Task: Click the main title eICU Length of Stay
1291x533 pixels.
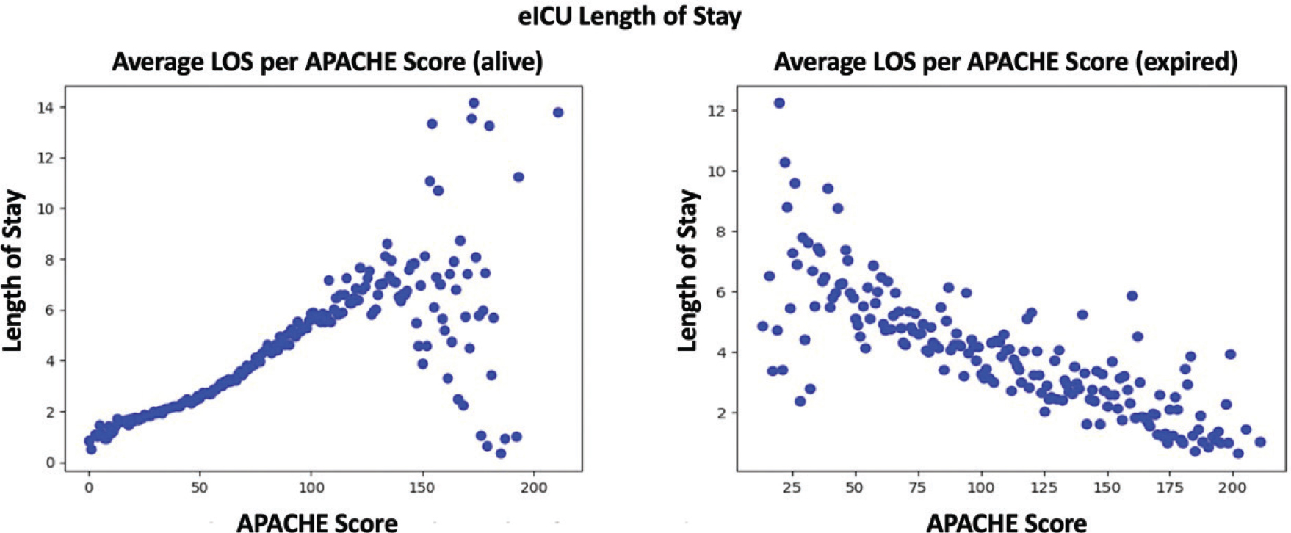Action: tap(629, 16)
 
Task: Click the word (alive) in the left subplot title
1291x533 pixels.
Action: tap(507, 62)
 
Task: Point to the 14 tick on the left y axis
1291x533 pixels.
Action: tap(47, 108)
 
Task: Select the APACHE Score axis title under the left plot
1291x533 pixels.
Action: tap(317, 523)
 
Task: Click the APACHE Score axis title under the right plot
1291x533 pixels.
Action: tap(1006, 523)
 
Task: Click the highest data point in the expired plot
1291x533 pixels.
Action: tap(779, 104)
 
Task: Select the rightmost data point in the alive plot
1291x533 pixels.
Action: tap(558, 112)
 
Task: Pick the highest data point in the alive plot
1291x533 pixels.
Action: tap(474, 104)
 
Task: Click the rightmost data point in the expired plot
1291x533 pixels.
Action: tap(1260, 442)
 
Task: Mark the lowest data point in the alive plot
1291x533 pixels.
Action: tap(501, 454)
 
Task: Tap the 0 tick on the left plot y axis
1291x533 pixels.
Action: tap(51, 463)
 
